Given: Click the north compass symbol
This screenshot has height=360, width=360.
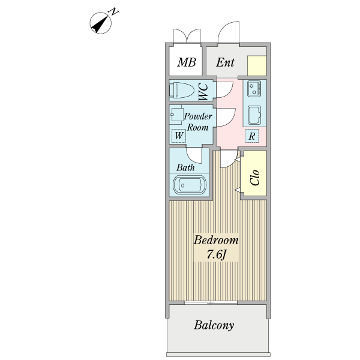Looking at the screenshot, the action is click(x=101, y=23).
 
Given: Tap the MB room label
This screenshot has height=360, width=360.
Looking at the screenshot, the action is click(x=187, y=62).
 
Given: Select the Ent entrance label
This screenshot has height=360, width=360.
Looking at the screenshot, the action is click(x=225, y=62).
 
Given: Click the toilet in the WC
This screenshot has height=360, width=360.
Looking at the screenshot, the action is click(x=182, y=90).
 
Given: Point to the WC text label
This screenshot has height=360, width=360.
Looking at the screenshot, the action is click(x=203, y=92).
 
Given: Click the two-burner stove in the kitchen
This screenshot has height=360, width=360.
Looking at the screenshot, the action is click(x=254, y=89).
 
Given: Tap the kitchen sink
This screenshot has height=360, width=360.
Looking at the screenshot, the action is click(x=254, y=115).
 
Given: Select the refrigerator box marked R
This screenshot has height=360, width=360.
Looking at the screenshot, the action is click(x=252, y=136).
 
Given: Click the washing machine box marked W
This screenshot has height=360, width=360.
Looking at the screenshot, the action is click(x=179, y=136).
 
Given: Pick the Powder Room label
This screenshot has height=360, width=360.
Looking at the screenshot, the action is click(x=198, y=122).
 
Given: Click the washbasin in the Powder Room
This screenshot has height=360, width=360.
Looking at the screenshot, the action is click(x=176, y=115).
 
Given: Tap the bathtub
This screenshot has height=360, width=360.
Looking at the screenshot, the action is click(x=190, y=185).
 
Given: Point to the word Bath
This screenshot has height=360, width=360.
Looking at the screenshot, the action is click(x=185, y=167).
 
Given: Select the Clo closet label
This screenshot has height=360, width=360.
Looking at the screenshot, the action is click(x=255, y=178).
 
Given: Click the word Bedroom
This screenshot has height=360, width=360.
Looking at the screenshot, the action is click(x=216, y=240).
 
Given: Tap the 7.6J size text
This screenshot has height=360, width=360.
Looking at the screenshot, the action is click(x=217, y=254).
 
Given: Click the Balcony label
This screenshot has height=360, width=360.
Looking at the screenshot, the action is click(x=214, y=325).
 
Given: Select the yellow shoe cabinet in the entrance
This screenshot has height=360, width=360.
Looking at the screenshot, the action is click(x=257, y=65).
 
